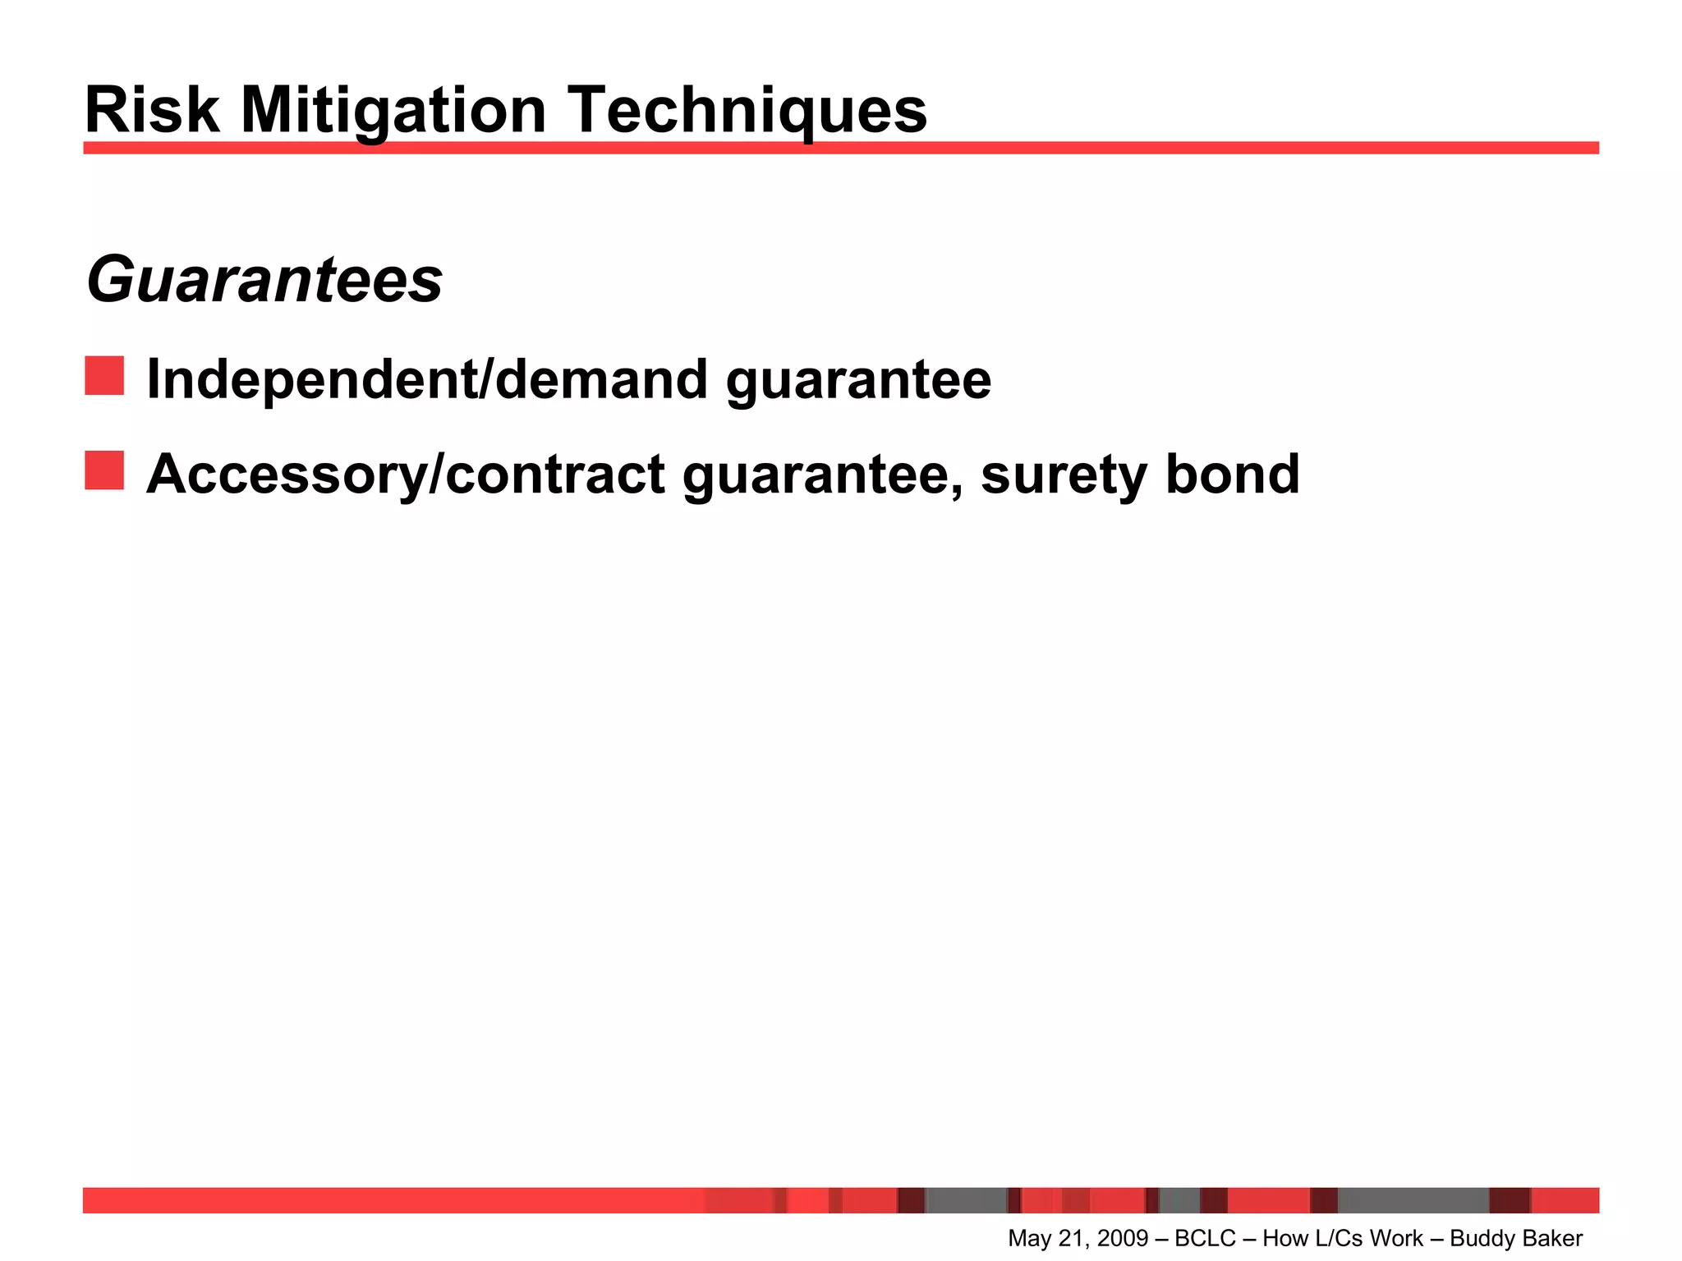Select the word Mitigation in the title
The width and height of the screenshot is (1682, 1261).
[x=393, y=112]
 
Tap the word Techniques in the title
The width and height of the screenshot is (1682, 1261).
[x=747, y=112]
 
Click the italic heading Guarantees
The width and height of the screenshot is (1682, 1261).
[x=264, y=281]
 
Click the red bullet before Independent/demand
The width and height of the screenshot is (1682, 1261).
[x=104, y=376]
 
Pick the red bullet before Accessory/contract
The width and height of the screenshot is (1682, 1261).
[x=104, y=470]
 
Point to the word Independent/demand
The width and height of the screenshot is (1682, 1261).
[x=427, y=380]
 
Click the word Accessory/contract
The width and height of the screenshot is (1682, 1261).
[x=406, y=475]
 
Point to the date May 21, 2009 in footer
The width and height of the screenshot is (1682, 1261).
[x=1078, y=1238]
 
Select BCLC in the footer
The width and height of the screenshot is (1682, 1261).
[x=1205, y=1238]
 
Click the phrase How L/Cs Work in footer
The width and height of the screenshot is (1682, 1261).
[x=1343, y=1238]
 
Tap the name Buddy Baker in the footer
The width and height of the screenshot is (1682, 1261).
[x=1516, y=1238]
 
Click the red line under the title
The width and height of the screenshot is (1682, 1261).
[x=841, y=148]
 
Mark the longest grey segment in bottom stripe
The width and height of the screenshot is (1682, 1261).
[x=1413, y=1200]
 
